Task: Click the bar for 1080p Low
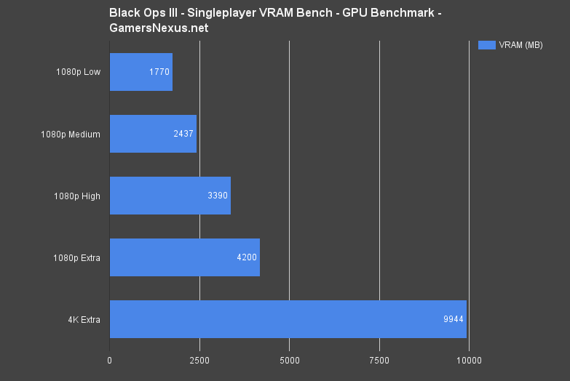click(x=141, y=72)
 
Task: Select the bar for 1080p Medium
click(x=153, y=134)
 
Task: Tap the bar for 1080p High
click(x=170, y=196)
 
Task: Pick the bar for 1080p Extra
click(x=185, y=257)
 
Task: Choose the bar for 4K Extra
click(x=288, y=319)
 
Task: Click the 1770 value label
click(x=159, y=72)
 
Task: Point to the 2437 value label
click(x=183, y=134)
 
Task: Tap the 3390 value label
click(x=218, y=196)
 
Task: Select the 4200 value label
click(x=247, y=257)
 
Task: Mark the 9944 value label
click(x=454, y=319)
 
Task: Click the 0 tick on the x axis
click(x=110, y=360)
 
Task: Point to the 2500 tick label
click(x=199, y=360)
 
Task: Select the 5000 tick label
click(x=289, y=360)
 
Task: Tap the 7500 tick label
click(x=379, y=360)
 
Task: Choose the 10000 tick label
click(x=469, y=360)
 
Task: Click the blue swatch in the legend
click(x=486, y=45)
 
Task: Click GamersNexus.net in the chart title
click(x=158, y=27)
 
